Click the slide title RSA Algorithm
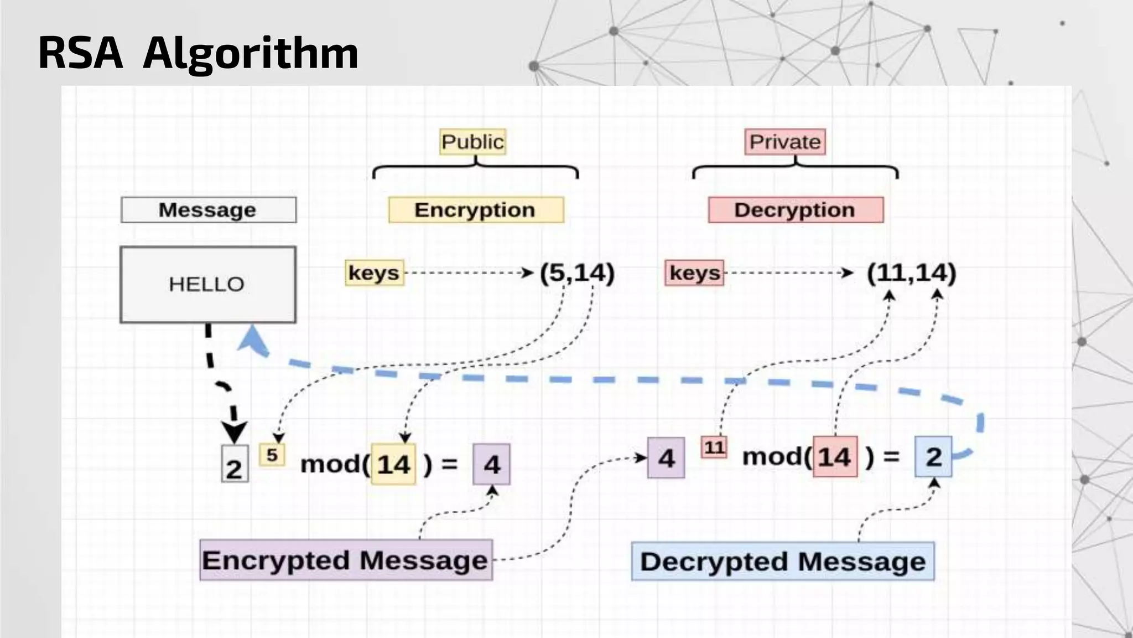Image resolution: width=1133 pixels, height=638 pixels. click(198, 53)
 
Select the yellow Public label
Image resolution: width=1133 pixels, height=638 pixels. click(473, 142)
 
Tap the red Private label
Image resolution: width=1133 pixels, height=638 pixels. click(784, 142)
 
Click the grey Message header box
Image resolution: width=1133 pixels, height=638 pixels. click(209, 210)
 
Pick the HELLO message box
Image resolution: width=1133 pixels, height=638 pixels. click(208, 285)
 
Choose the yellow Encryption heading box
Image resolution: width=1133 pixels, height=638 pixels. click(476, 210)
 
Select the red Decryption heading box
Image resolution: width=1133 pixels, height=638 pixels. click(796, 210)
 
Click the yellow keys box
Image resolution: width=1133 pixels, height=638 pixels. click(374, 273)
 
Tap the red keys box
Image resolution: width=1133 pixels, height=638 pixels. click(694, 273)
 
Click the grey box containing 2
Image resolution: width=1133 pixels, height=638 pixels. click(235, 464)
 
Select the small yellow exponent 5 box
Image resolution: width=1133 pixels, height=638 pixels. click(272, 455)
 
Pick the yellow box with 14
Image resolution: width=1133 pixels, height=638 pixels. click(393, 464)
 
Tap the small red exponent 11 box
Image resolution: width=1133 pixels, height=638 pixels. click(714, 447)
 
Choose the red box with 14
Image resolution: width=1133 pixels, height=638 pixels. click(835, 457)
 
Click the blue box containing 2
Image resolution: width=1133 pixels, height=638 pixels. click(933, 457)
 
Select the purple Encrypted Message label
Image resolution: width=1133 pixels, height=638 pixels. click(346, 560)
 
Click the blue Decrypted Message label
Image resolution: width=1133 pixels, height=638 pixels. click(783, 562)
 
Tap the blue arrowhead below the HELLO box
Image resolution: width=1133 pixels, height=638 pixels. click(252, 339)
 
